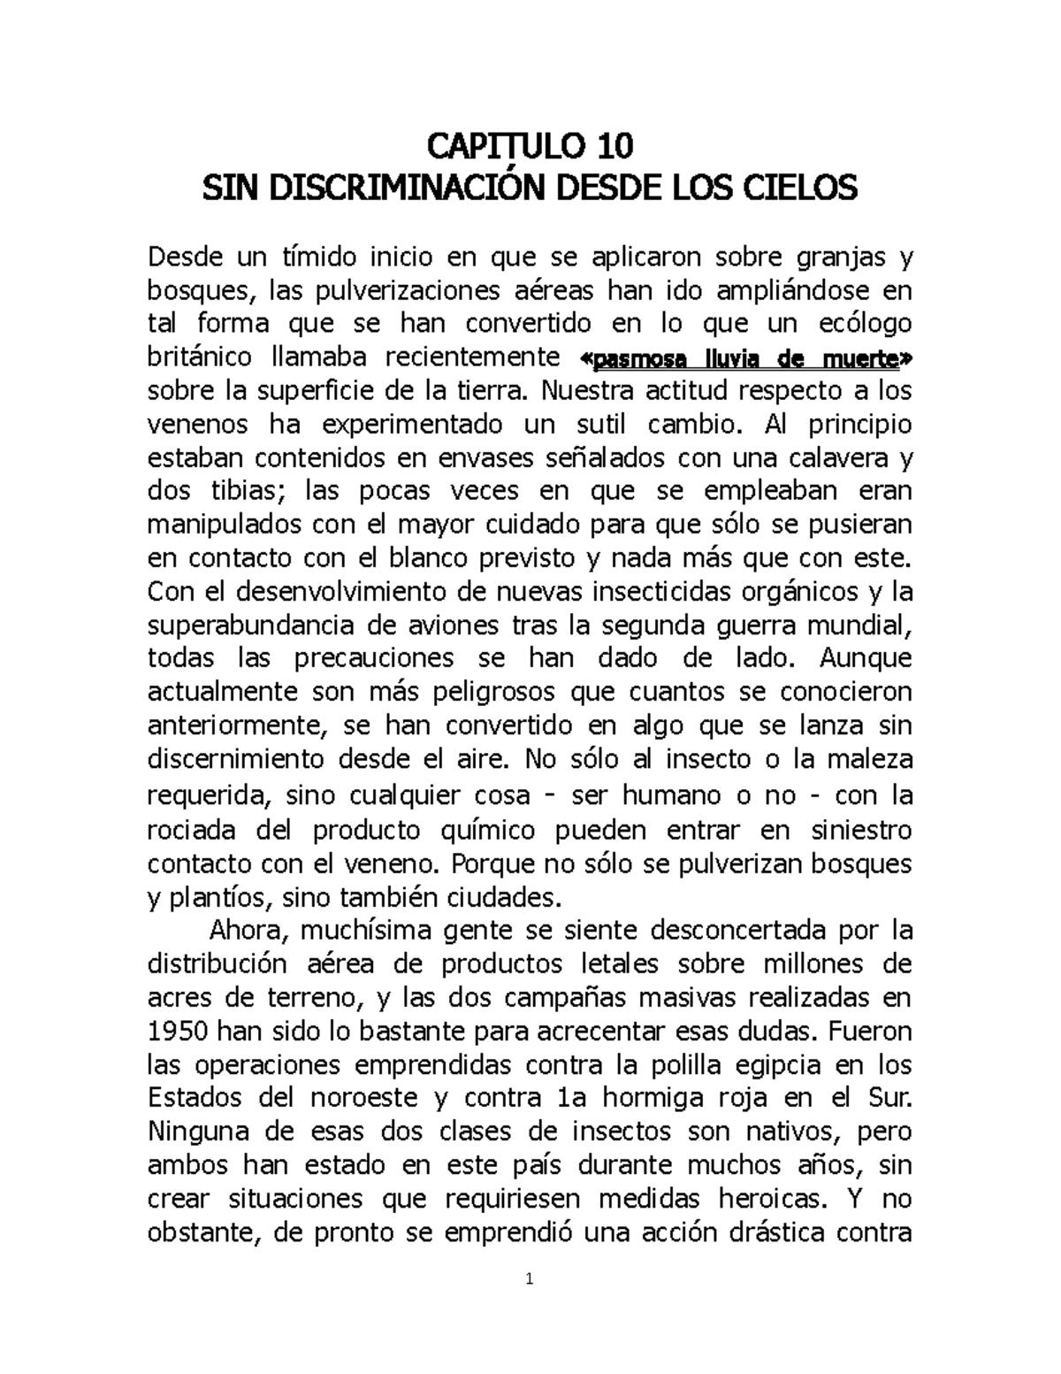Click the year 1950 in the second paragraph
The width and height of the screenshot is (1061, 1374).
pos(177,1032)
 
